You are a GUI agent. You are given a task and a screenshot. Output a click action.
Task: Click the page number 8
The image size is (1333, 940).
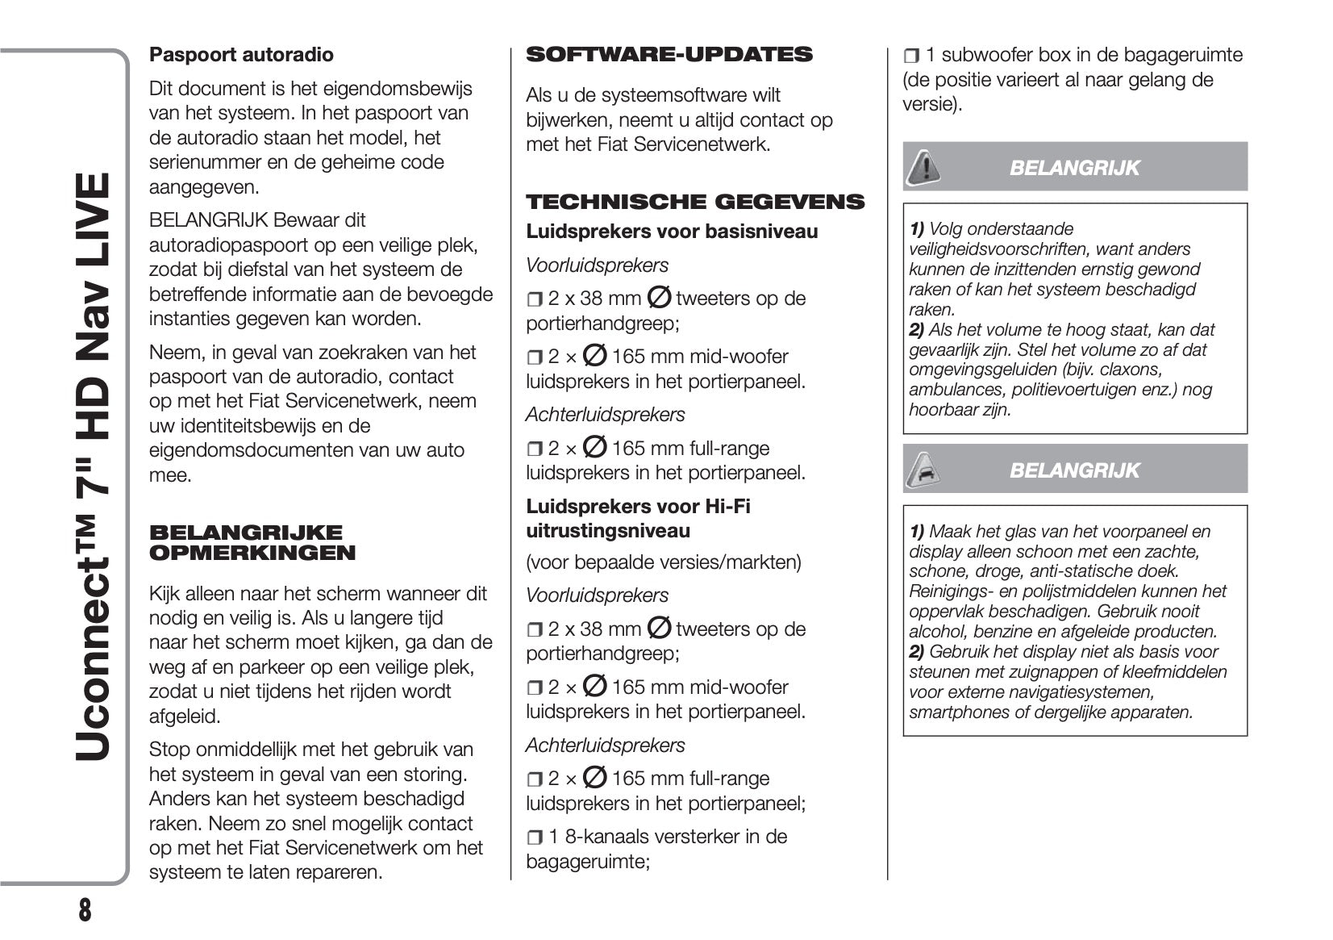pyautogui.click(x=85, y=910)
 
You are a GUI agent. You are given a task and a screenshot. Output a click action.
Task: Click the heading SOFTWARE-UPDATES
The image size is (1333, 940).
pyautogui.click(x=669, y=55)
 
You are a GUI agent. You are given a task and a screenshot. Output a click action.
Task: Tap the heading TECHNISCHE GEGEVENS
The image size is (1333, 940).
pyautogui.click(x=695, y=202)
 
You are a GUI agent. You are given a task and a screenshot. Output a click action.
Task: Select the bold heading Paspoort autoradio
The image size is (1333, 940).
pyautogui.click(x=241, y=55)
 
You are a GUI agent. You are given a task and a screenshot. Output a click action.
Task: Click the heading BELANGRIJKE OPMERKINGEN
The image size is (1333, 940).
pyautogui.click(x=252, y=542)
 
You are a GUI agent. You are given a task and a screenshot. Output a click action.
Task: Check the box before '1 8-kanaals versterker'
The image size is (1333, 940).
pyautogui.click(x=535, y=838)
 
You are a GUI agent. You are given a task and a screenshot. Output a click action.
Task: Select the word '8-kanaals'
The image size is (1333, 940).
pyautogui.click(x=608, y=837)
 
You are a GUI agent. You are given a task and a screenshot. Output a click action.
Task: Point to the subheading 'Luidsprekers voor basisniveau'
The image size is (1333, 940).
pyautogui.click(x=672, y=232)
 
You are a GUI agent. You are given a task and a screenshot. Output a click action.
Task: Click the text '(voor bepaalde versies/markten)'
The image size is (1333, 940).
pyautogui.click(x=664, y=562)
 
